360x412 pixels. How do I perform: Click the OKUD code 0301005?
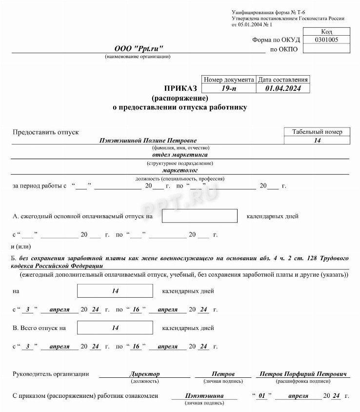tap(326, 40)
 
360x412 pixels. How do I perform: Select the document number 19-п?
tap(228, 88)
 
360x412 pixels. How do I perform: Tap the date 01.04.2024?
tap(283, 88)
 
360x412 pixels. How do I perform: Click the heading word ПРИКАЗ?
tap(181, 88)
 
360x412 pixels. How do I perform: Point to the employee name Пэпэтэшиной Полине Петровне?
tap(148, 140)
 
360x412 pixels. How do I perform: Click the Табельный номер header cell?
tap(317, 132)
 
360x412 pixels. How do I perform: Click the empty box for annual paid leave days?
tap(199, 216)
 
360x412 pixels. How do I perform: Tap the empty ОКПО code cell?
tap(326, 48)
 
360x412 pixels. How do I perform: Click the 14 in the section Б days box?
tap(115, 291)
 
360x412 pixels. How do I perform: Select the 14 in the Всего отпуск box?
tap(115, 328)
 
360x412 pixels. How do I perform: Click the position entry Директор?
tap(144, 374)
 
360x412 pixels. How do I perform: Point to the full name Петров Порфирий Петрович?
tap(303, 374)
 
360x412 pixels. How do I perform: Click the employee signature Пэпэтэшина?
tap(204, 396)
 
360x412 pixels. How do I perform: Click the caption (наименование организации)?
tap(138, 57)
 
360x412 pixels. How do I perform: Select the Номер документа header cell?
tap(228, 80)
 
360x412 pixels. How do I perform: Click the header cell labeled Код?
tap(326, 31)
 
